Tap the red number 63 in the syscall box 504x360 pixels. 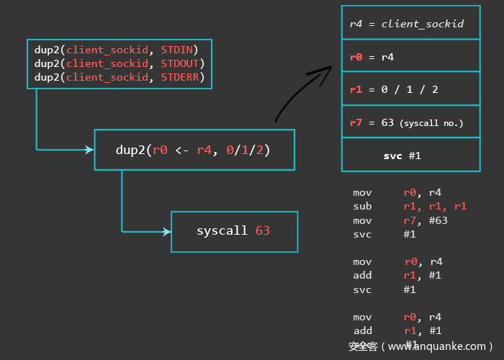click(x=263, y=231)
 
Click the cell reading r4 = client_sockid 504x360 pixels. click(x=410, y=24)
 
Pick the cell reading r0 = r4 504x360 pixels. click(x=410, y=56)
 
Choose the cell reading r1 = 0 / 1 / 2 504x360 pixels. click(x=410, y=89)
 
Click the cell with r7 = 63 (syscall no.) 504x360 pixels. click(x=410, y=122)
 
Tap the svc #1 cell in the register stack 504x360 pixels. click(x=410, y=155)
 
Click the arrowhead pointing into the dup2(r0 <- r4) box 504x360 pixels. click(x=89, y=150)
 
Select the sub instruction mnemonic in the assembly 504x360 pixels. click(x=362, y=207)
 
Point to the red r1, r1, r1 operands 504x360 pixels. click(x=435, y=207)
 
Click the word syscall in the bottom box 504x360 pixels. click(x=222, y=231)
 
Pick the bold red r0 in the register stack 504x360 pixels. click(x=356, y=56)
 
